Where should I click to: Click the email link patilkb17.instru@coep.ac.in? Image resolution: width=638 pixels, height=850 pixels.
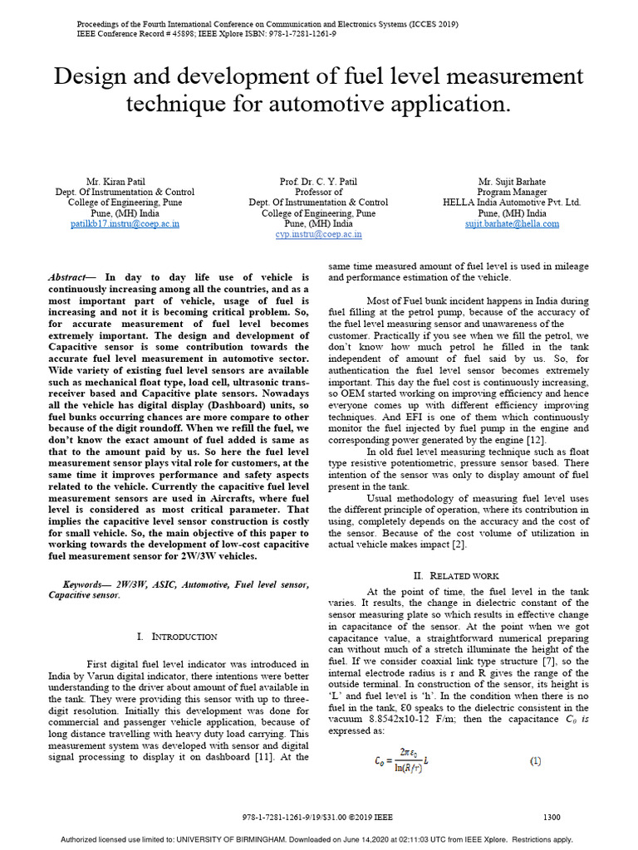click(x=125, y=223)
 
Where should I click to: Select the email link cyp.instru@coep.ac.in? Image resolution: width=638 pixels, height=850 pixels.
click(x=318, y=234)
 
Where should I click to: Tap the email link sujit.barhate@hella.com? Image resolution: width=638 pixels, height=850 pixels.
click(x=512, y=223)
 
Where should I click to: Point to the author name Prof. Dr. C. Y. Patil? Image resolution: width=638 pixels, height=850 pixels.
click(x=318, y=181)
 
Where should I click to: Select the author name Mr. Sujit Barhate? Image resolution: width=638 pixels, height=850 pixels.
click(x=512, y=181)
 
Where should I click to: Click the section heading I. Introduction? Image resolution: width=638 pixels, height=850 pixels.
click(x=176, y=636)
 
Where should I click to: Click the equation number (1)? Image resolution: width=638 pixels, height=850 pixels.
click(x=536, y=760)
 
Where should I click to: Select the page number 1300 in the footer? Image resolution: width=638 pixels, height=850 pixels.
click(x=552, y=817)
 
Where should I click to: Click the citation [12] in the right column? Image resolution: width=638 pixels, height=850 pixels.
click(x=536, y=439)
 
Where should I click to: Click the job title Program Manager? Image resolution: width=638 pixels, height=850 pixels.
click(x=512, y=192)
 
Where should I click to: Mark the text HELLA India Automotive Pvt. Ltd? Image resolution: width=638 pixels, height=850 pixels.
click(x=512, y=203)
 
